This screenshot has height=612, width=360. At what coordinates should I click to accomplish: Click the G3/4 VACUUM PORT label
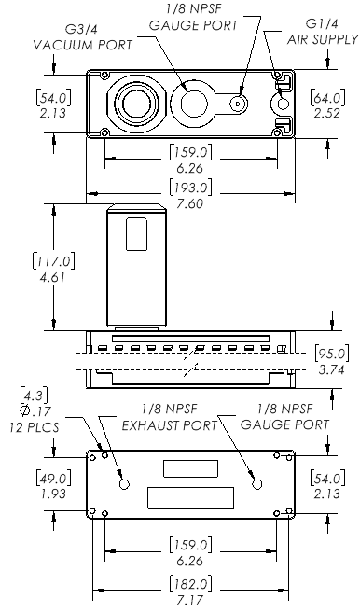pos(83,37)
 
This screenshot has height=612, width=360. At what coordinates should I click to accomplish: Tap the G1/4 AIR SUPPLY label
pos(322,31)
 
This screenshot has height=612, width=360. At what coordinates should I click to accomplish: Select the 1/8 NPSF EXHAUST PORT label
pos(169,417)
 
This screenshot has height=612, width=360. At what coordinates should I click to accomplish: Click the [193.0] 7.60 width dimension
pos(191,195)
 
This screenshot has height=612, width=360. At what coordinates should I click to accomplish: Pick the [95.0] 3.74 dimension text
pos(331,361)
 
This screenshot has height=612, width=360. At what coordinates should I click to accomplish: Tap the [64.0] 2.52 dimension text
pos(327,104)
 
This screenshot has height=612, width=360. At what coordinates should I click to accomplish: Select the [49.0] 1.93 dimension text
pos(53,485)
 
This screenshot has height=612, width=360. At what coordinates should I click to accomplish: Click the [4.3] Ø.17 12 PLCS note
pos(35,410)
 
